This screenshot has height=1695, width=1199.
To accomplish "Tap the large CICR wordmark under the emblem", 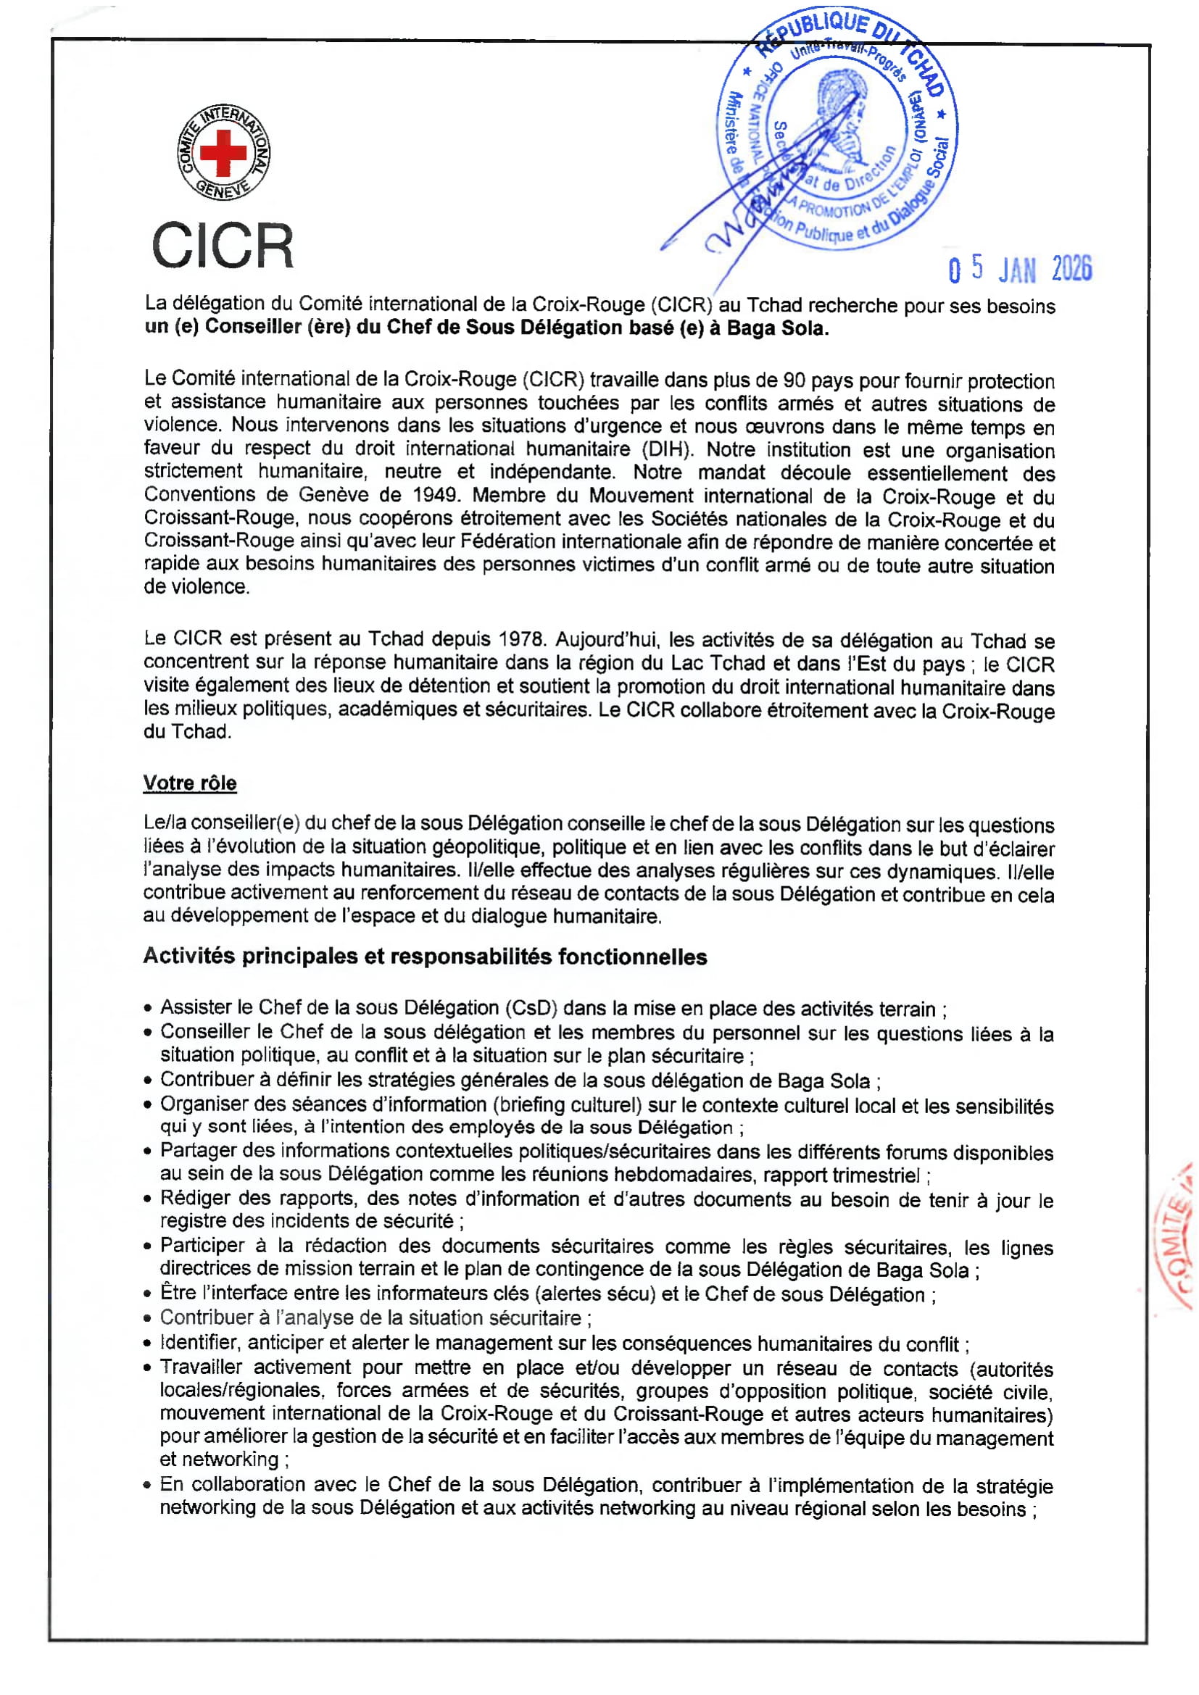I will [223, 246].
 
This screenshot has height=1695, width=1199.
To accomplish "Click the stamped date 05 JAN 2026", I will [1020, 270].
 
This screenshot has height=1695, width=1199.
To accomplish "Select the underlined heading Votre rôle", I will [190, 783].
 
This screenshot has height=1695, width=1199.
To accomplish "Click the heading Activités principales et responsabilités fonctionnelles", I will [425, 957].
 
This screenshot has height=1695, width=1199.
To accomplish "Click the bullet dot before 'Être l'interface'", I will [149, 1295].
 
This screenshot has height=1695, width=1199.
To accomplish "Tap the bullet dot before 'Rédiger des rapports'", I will [149, 1199].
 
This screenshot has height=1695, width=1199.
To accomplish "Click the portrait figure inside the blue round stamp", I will [839, 118].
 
